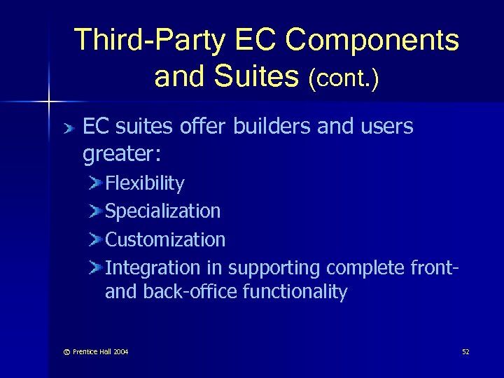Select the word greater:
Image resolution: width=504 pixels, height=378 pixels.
tap(117, 155)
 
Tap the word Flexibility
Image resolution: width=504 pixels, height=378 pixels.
tap(145, 183)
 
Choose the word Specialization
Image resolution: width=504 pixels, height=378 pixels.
tap(162, 211)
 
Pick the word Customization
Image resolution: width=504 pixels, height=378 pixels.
tap(165, 239)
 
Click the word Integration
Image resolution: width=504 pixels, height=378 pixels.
tap(153, 268)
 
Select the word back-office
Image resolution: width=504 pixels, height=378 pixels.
tap(190, 292)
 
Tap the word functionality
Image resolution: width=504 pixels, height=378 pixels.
tap(295, 292)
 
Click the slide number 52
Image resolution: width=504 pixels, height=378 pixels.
tap(465, 351)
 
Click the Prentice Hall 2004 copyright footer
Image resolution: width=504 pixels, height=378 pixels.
tap(91, 351)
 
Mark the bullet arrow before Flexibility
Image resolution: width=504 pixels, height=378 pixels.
tap(96, 183)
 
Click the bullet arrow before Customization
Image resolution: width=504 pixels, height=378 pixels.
tap(96, 239)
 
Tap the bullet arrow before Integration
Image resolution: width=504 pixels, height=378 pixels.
tap(96, 267)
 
